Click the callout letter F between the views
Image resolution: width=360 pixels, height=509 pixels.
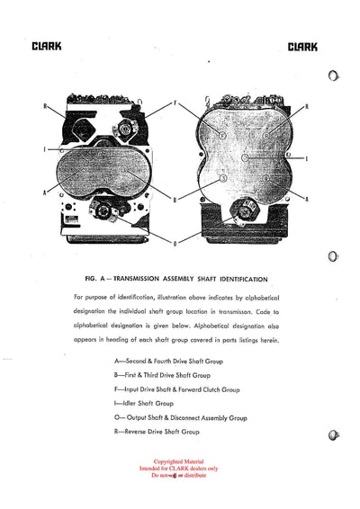pos(176,101)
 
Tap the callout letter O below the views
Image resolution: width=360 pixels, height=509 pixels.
pos(175,243)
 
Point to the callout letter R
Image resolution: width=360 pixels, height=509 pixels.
pos(308,106)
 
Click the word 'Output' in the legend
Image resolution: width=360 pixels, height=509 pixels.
pos(130,418)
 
